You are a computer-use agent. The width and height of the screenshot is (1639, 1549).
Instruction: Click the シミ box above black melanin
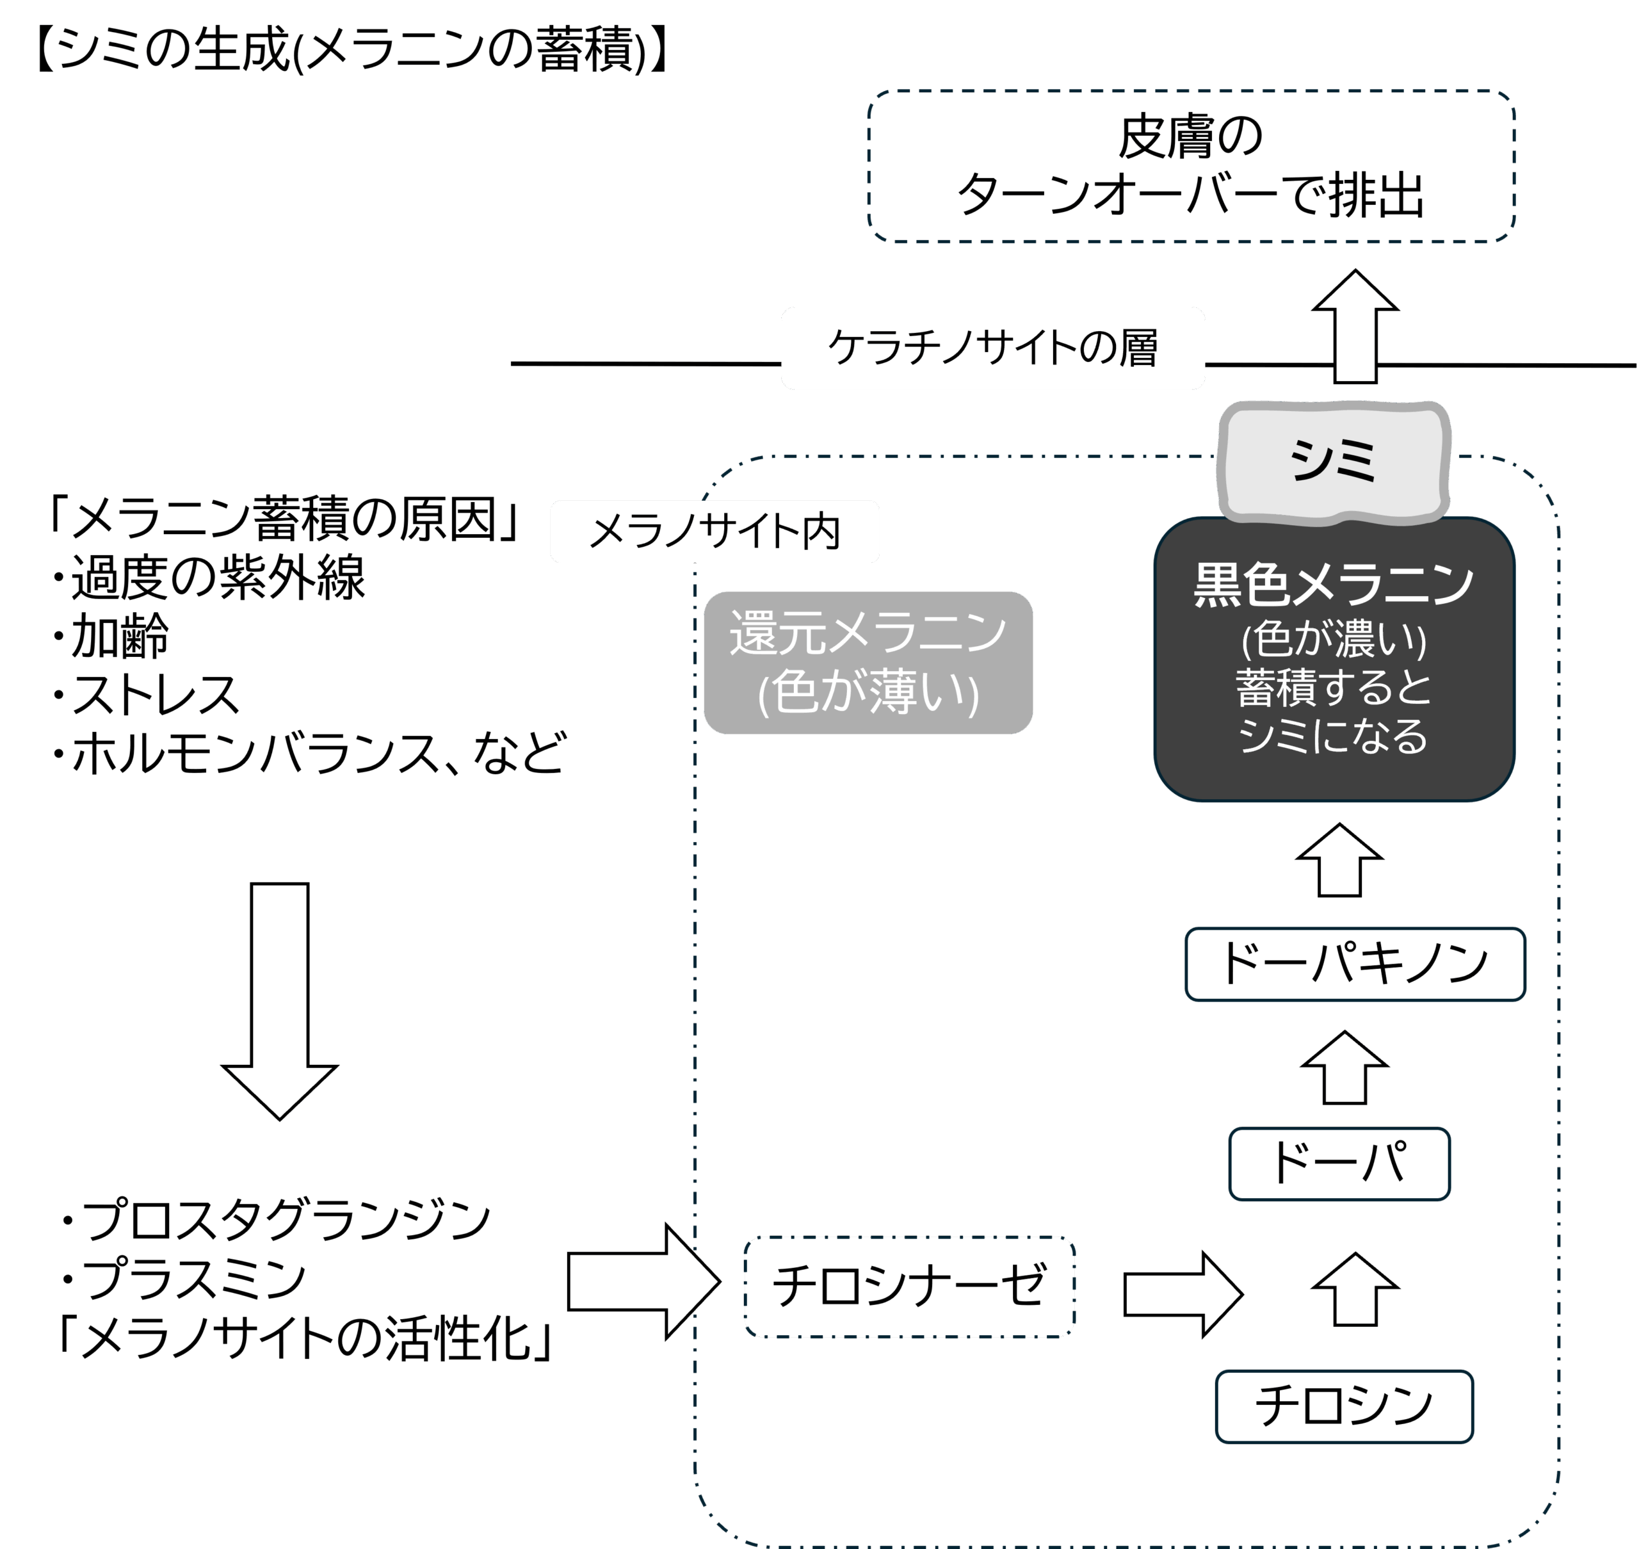tap(1334, 462)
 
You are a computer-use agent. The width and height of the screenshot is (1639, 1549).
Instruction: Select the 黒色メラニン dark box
tap(1334, 659)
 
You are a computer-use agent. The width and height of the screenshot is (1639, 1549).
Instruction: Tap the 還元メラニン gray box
tap(868, 662)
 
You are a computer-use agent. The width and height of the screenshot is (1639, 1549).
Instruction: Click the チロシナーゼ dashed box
tap(909, 1286)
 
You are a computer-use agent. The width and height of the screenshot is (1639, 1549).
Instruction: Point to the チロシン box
tap(1343, 1406)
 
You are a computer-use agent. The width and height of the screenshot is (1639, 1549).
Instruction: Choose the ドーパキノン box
tap(1355, 964)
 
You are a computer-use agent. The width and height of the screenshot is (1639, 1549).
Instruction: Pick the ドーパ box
tap(1339, 1163)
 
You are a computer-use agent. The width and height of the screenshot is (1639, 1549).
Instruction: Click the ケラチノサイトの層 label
tap(992, 348)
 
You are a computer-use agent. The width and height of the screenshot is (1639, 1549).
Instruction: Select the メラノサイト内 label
tap(715, 531)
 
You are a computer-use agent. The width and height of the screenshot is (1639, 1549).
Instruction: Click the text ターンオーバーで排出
tap(1190, 197)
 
